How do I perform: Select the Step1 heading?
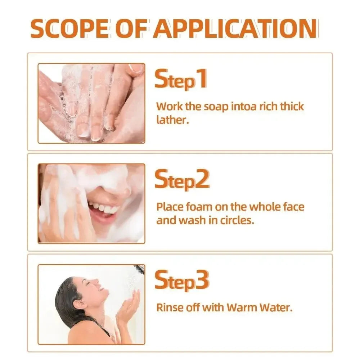pyautogui.click(x=181, y=80)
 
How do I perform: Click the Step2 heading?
pyautogui.click(x=182, y=180)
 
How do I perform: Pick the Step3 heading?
pyautogui.click(x=182, y=281)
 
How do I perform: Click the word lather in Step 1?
pyautogui.click(x=171, y=120)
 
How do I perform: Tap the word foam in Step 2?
pyautogui.click(x=198, y=207)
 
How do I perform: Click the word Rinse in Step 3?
pyautogui.click(x=169, y=308)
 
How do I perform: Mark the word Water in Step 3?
pyautogui.click(x=275, y=308)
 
